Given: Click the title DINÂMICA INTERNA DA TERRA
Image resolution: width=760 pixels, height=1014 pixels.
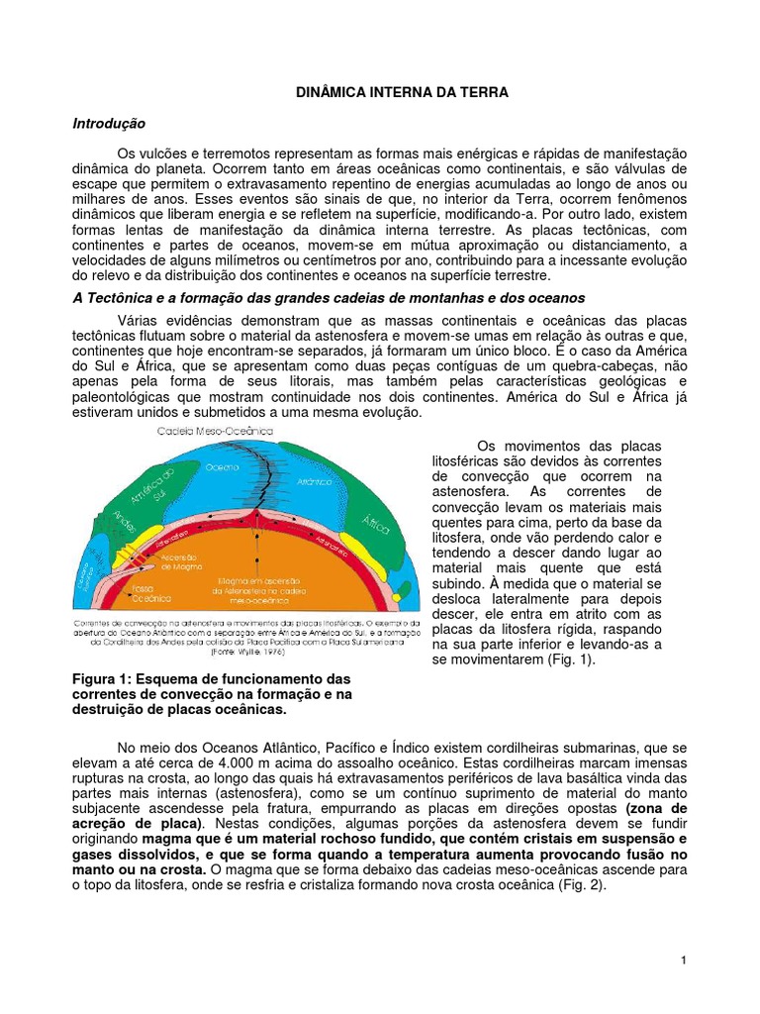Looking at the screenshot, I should coord(403,92).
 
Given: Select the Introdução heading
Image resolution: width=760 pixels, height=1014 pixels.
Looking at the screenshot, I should coord(109,124).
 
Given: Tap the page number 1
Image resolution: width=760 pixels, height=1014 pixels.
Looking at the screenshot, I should coord(684,961).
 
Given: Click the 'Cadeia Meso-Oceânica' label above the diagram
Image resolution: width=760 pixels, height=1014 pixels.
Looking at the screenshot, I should coord(215,431).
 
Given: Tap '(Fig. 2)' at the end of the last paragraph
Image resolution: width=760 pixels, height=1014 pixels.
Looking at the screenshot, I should coord(589,885).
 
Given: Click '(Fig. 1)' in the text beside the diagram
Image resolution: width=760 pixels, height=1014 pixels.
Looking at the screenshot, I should coord(568,659).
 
